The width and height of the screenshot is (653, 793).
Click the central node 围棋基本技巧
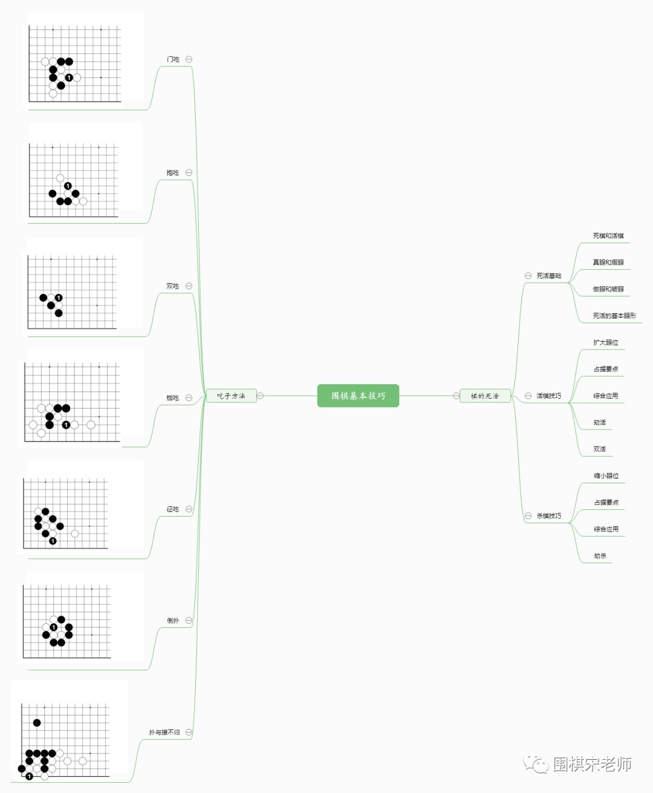pyautogui.click(x=358, y=396)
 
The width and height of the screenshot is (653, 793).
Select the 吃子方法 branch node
pyautogui.click(x=231, y=396)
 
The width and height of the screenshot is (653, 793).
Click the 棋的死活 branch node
pyautogui.click(x=485, y=396)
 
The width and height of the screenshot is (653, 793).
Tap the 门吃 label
pyautogui.click(x=173, y=59)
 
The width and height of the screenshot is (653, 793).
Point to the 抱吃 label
pyautogui.click(x=173, y=172)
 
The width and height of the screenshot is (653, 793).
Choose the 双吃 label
pyautogui.click(x=173, y=286)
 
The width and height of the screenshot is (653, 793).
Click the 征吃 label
pyautogui.click(x=173, y=509)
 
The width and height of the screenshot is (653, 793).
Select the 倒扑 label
pyautogui.click(x=173, y=621)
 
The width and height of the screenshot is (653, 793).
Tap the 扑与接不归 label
pyautogui.click(x=164, y=733)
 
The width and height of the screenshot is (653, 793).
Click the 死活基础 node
pyautogui.click(x=548, y=276)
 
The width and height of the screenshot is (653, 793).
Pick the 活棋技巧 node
pyautogui.click(x=548, y=396)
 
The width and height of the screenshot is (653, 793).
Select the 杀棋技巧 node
pyautogui.click(x=548, y=516)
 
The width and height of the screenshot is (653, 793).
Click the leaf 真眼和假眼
pyautogui.click(x=608, y=263)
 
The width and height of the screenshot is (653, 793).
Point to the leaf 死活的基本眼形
pyautogui.click(x=614, y=316)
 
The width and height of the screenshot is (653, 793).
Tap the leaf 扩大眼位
pyautogui.click(x=605, y=342)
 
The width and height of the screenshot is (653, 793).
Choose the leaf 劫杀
pyautogui.click(x=600, y=556)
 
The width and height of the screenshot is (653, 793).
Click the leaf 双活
pyautogui.click(x=599, y=449)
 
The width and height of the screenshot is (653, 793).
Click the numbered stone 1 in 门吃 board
pyautogui.click(x=69, y=77)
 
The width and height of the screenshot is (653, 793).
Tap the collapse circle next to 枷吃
pyautogui.click(x=189, y=398)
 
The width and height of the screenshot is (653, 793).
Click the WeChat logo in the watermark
pyautogui.click(x=536, y=764)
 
